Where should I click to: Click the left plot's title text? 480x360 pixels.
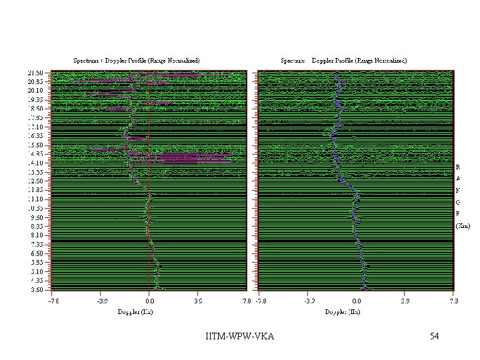(137, 60)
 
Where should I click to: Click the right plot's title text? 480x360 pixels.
(343, 60)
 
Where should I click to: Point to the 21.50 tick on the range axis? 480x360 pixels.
(35, 72)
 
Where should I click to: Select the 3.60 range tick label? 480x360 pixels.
(35, 290)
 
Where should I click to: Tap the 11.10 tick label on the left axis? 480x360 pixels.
(35, 199)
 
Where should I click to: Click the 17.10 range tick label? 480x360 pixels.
(35, 127)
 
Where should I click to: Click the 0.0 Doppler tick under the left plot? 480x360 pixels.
(149, 301)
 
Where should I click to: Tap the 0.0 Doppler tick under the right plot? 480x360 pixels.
(357, 301)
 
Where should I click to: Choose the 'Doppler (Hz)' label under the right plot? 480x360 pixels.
(342, 312)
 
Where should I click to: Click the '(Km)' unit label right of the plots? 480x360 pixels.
(463, 225)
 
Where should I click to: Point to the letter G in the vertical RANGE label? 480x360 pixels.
(458, 201)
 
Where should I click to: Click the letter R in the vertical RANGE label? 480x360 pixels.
(458, 166)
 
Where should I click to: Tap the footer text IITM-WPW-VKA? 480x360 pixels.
(240, 336)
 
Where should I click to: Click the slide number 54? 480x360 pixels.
(434, 336)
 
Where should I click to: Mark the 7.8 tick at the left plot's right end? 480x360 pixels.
(247, 301)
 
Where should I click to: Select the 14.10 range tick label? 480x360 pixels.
(35, 163)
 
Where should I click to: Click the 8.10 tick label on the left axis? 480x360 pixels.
(35, 235)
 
